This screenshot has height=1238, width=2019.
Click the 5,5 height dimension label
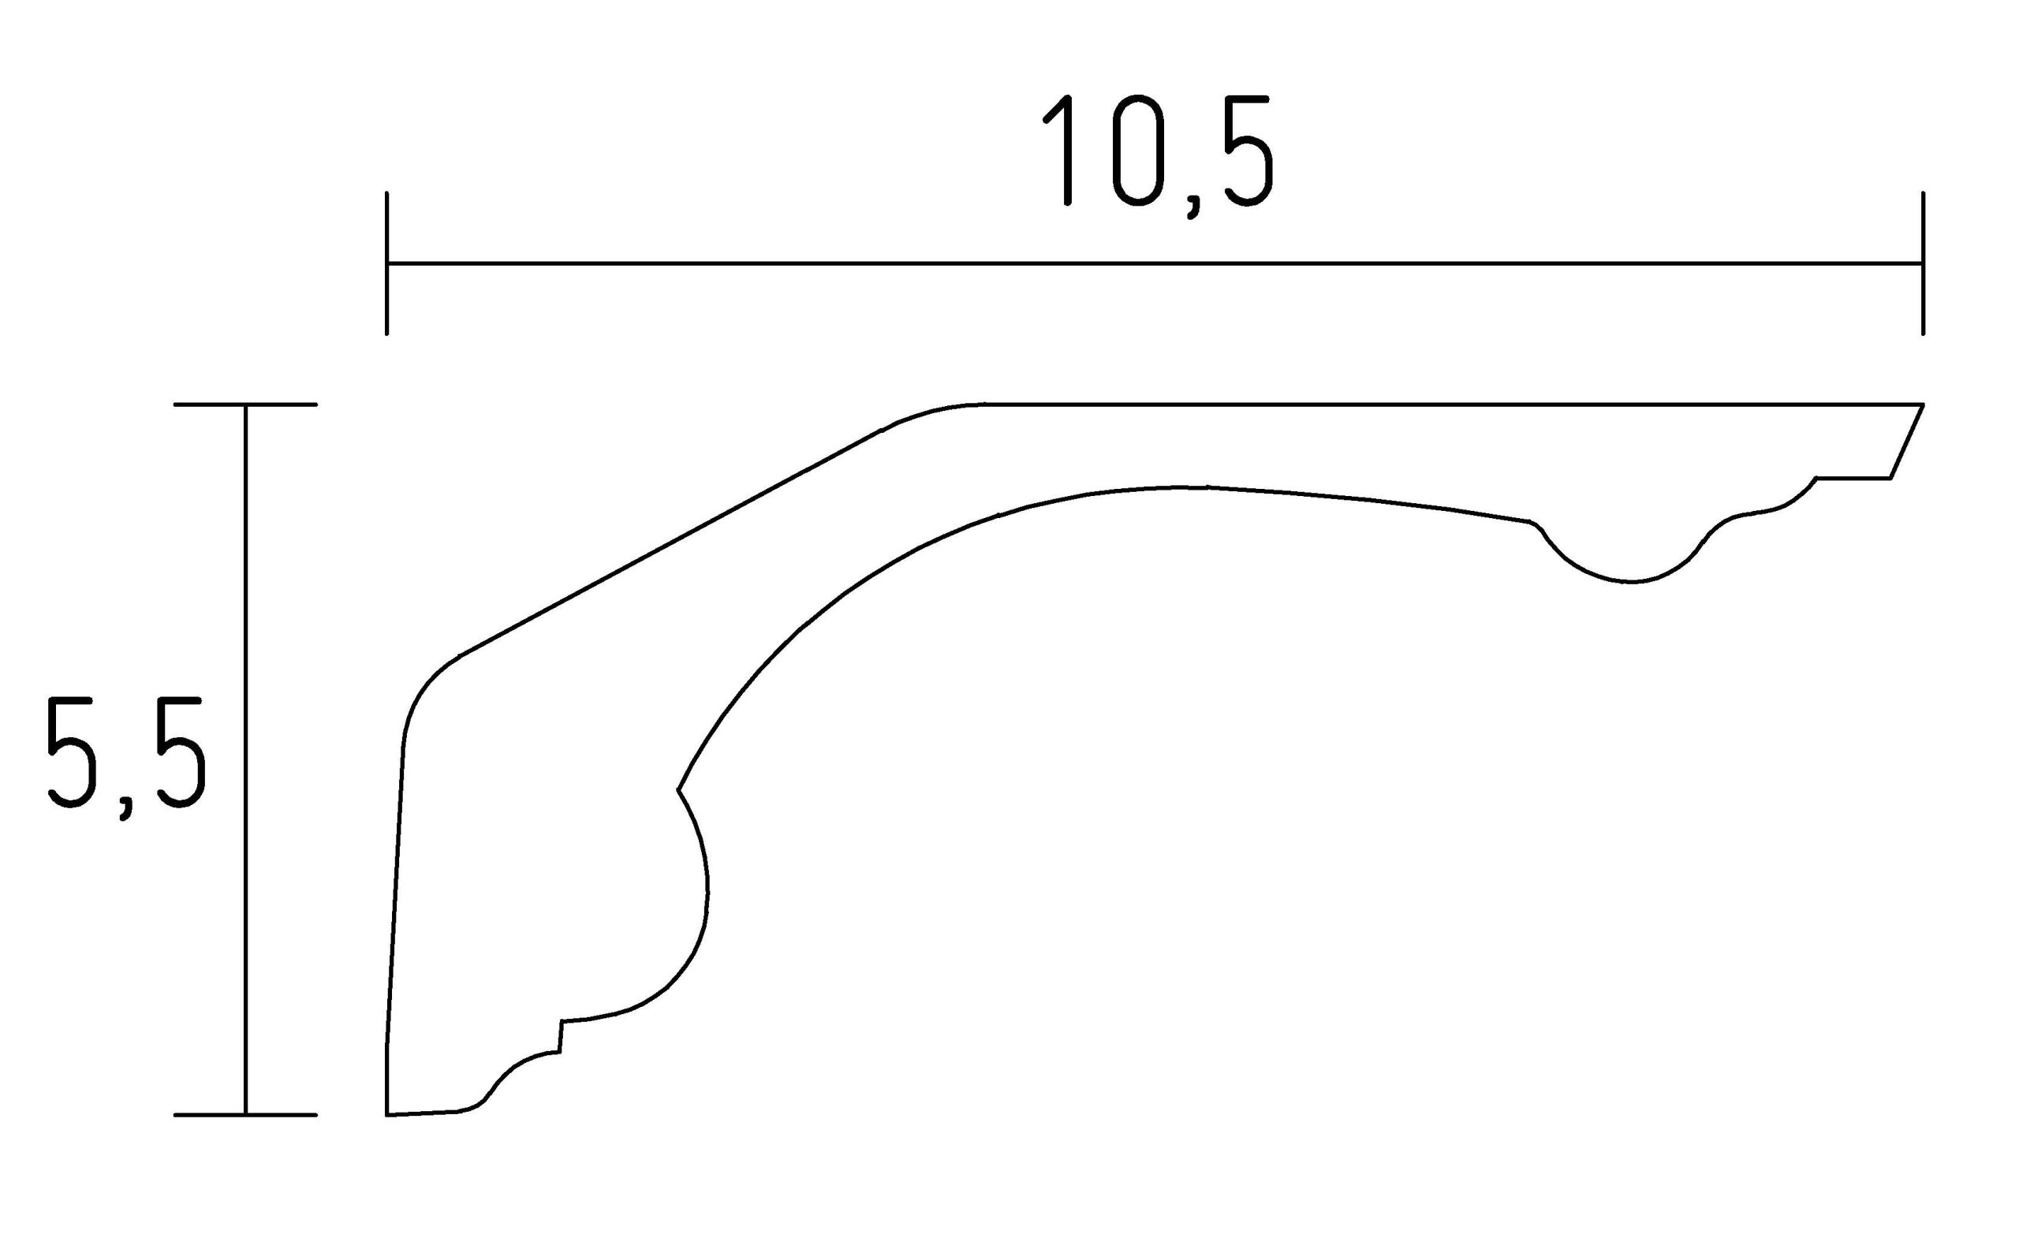tap(125, 755)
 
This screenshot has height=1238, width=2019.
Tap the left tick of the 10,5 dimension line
tap(386, 263)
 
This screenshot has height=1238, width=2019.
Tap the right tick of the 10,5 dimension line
tap(1922, 263)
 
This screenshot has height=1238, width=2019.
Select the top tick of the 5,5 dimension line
tap(245, 405)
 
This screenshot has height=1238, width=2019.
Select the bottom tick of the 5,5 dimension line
tap(245, 1115)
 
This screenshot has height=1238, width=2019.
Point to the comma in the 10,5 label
tap(1193, 208)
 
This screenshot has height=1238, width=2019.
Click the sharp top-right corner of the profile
tap(1922, 405)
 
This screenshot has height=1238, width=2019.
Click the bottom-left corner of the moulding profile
tap(386, 1115)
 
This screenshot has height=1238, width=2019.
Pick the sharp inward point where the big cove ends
tap(677, 790)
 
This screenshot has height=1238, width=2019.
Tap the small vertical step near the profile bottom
tap(561, 1036)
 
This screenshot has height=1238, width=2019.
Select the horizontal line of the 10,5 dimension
tap(1148, 263)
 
